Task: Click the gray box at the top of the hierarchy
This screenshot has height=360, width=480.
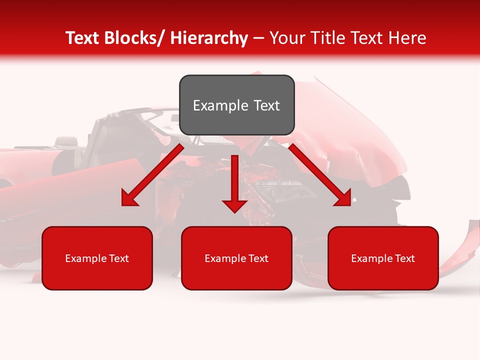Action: click(x=236, y=105)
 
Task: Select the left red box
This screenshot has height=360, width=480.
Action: click(x=97, y=258)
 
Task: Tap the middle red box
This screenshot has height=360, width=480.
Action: click(x=236, y=258)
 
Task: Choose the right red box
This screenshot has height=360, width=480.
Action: click(x=383, y=258)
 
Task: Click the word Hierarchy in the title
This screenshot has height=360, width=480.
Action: click(x=209, y=38)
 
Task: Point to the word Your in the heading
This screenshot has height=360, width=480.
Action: click(x=287, y=38)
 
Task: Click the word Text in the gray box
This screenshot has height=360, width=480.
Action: click(x=266, y=105)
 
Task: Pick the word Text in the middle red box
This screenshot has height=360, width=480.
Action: click(x=258, y=258)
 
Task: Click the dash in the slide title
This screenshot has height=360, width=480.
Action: click(x=258, y=38)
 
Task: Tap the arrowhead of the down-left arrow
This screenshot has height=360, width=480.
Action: click(x=129, y=199)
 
